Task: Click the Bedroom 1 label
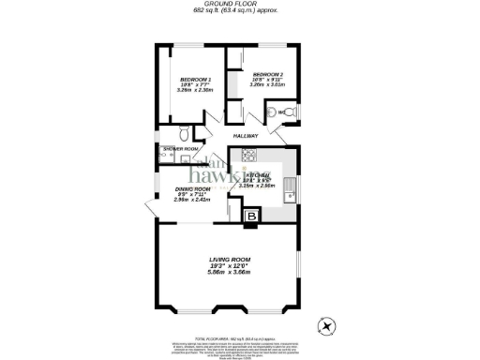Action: [196, 79]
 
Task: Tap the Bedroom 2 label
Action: [267, 73]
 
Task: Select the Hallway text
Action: [273, 135]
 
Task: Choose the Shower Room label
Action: [180, 149]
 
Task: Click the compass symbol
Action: [325, 327]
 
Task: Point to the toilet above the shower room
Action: [185, 131]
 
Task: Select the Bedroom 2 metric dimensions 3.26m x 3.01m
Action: [267, 84]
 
